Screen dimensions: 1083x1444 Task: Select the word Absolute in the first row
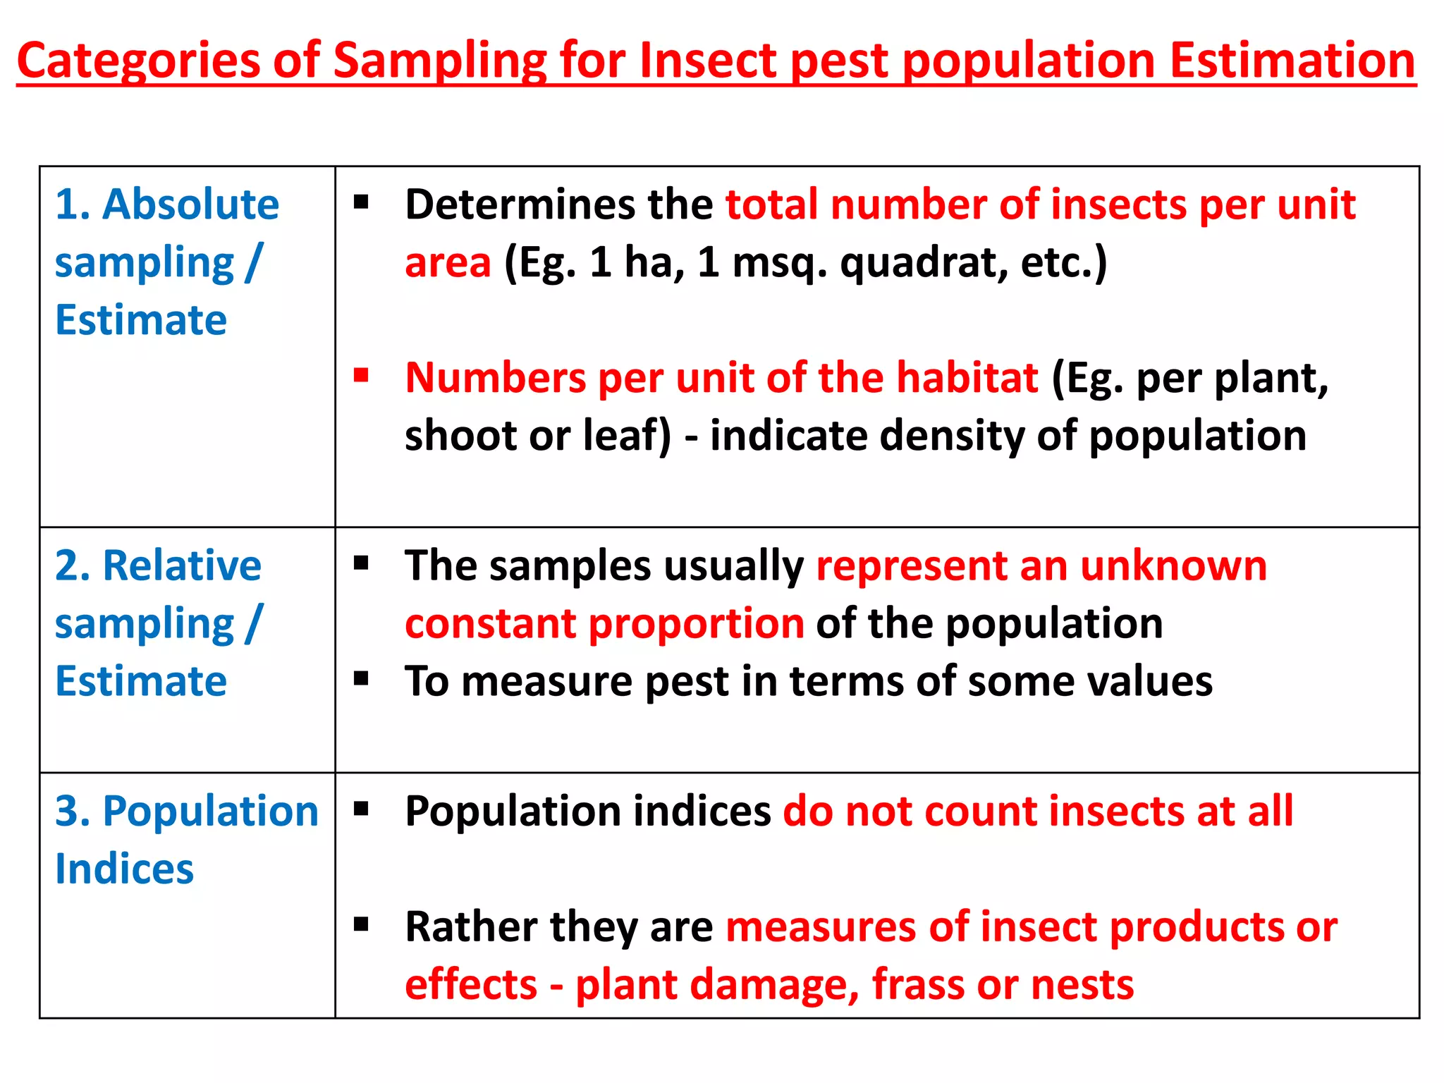click(190, 204)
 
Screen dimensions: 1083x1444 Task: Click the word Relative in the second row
click(182, 565)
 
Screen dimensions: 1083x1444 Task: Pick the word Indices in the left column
click(124, 869)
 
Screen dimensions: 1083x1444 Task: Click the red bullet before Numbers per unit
click(362, 374)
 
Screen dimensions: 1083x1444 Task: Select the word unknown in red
click(1173, 565)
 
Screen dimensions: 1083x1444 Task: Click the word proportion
click(696, 623)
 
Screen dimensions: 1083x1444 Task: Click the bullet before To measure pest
click(362, 679)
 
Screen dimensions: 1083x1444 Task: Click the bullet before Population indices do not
click(362, 809)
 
